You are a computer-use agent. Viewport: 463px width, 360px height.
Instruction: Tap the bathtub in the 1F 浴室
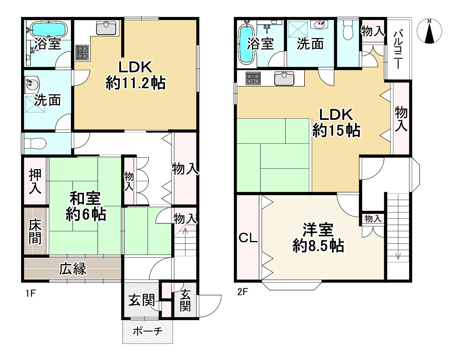[x=49, y=29]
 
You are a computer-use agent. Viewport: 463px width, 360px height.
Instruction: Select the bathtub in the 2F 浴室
[x=246, y=44]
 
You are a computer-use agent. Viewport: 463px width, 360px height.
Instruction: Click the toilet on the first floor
[x=35, y=143]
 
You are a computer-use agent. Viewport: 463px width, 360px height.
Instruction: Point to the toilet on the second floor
[x=348, y=30]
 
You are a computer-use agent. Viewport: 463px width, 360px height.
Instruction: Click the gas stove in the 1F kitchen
[x=82, y=52]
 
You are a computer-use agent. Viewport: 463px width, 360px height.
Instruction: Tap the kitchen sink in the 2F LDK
[x=284, y=78]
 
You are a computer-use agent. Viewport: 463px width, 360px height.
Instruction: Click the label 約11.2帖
[x=135, y=83]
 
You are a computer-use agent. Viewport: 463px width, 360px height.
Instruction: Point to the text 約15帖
[x=336, y=130]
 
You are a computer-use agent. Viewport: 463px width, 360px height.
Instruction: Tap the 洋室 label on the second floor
[x=318, y=230]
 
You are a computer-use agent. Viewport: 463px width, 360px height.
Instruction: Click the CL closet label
[x=248, y=238]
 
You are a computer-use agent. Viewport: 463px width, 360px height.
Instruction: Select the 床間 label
[x=35, y=232]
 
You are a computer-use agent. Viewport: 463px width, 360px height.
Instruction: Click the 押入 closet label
[x=35, y=182]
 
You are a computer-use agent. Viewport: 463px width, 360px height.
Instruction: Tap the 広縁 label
[x=73, y=269]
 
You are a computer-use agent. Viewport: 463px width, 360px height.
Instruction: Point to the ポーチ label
[x=148, y=332]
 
